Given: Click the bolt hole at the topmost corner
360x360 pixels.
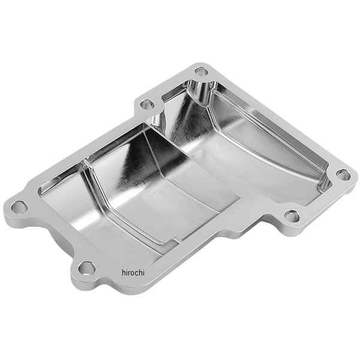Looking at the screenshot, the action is pos(202,71).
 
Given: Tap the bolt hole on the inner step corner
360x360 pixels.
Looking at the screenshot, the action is pos(147,104).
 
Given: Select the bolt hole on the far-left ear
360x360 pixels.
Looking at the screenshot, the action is pos(19,207).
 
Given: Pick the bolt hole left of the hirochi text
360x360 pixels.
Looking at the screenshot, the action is pos(86,268).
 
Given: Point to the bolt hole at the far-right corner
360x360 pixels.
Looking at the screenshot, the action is pos(343,175).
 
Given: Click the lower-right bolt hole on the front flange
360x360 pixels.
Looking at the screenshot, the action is pos(292,216).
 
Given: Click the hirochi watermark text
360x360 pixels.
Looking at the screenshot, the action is pos(133,272).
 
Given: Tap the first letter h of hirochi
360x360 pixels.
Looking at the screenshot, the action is pos(124,272).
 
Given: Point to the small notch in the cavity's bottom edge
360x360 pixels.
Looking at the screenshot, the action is pos(176,240).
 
